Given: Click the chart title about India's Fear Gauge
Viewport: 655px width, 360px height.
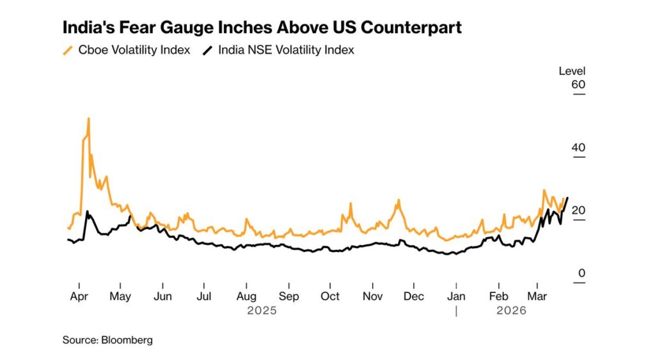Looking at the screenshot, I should click(x=262, y=27).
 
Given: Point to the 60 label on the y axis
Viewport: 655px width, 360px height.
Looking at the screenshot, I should click(x=578, y=85).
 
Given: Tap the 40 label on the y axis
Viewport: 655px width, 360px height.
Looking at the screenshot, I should click(x=578, y=148).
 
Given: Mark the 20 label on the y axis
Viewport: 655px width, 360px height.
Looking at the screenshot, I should click(x=578, y=210).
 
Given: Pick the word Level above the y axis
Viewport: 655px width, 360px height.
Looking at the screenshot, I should click(x=572, y=71).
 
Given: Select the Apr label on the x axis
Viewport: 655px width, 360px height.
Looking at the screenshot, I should click(x=79, y=297).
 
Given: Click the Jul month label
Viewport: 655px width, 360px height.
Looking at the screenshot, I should click(x=204, y=297).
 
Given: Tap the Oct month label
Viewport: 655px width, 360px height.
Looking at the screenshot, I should click(x=330, y=297).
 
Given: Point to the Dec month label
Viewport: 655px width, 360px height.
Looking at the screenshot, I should click(x=414, y=297).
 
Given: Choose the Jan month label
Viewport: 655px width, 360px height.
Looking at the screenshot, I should click(x=456, y=297).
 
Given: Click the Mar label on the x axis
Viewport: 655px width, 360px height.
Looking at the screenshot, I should click(x=537, y=297).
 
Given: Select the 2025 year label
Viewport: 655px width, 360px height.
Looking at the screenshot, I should click(x=262, y=311).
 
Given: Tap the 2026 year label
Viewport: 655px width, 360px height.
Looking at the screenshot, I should click(x=511, y=311).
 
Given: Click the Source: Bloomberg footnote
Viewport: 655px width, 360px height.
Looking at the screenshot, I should click(x=107, y=340).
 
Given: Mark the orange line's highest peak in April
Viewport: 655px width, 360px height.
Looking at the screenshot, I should click(x=88, y=118).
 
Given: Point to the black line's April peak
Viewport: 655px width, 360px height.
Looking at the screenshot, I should click(x=87, y=212).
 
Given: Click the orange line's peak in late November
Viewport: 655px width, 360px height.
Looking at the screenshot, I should click(x=399, y=200).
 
